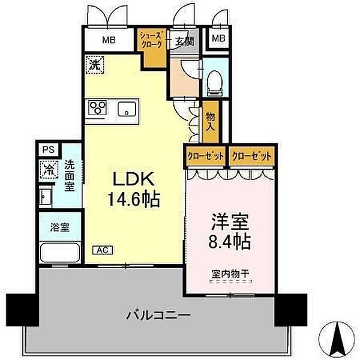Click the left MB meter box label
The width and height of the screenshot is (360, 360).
(x=108, y=41)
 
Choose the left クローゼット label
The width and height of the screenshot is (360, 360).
(x=205, y=155)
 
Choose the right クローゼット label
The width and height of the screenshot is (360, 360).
(x=251, y=155)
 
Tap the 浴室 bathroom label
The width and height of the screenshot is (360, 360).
(x=59, y=227)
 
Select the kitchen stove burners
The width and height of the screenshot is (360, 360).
(x=98, y=108)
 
